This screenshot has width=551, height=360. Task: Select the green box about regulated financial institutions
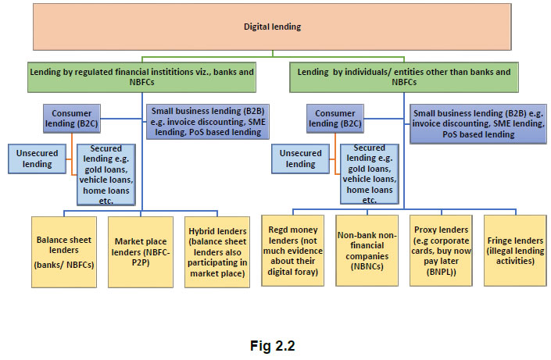tap(141, 77)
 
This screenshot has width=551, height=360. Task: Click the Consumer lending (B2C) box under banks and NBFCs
tap(71, 119)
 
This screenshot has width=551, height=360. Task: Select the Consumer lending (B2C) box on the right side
tap(335, 119)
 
